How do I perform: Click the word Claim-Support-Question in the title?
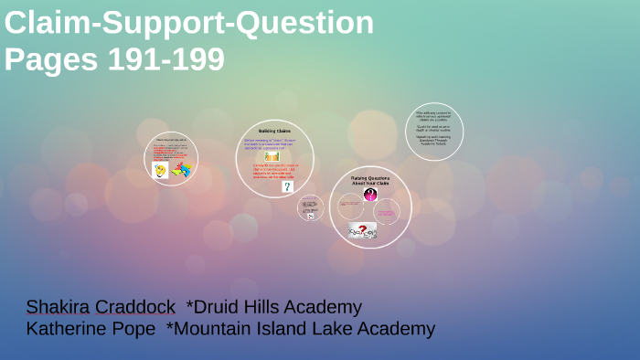tap(188, 23)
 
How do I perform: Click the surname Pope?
tap(135, 329)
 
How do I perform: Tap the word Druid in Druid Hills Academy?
tap(218, 307)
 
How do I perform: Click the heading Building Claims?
tap(274, 132)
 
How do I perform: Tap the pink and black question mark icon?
tap(370, 195)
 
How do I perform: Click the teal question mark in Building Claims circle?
tap(287, 186)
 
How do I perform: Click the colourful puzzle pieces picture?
tap(181, 169)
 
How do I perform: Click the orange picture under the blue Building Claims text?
tap(272, 156)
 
